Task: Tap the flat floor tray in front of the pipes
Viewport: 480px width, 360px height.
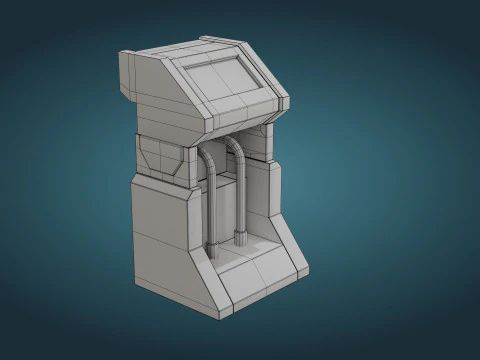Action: (245, 258)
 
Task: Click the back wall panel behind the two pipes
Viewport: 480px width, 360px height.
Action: (226, 200)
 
